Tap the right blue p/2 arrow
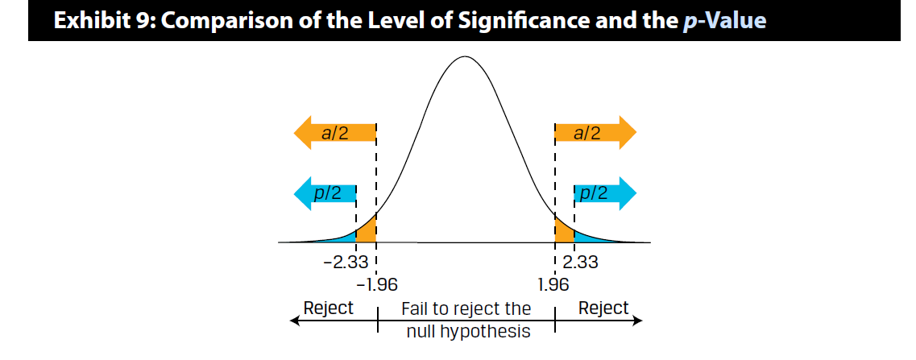[x=604, y=193]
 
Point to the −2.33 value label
[x=345, y=263]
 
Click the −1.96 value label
[x=376, y=283]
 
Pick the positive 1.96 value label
[x=553, y=283]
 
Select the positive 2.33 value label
[x=581, y=263]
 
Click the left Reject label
[x=328, y=308]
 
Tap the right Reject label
[x=603, y=308]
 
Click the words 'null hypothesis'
[x=468, y=331]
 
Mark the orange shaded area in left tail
[x=367, y=233]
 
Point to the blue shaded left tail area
[x=345, y=238]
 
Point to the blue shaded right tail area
[x=586, y=238]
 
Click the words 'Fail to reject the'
[x=467, y=309]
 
